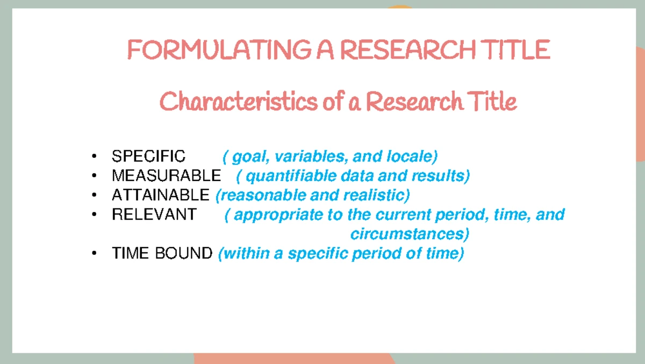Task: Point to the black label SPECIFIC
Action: (148, 157)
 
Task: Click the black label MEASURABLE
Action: (166, 176)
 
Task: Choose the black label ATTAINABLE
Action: (160, 195)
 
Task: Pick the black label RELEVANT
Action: (154, 214)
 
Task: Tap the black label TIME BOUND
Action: (162, 253)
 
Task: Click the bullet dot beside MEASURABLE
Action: (95, 176)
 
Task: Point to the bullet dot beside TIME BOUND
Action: (95, 253)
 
